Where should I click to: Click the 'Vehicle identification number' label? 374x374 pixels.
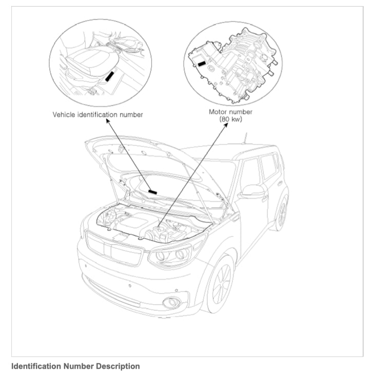click(98, 114)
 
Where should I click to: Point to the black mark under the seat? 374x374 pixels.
click(109, 76)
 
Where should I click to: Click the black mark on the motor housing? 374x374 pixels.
click(203, 64)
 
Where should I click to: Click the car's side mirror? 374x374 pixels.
click(252, 191)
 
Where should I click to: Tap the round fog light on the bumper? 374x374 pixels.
click(171, 302)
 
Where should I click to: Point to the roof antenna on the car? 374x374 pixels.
click(245, 139)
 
